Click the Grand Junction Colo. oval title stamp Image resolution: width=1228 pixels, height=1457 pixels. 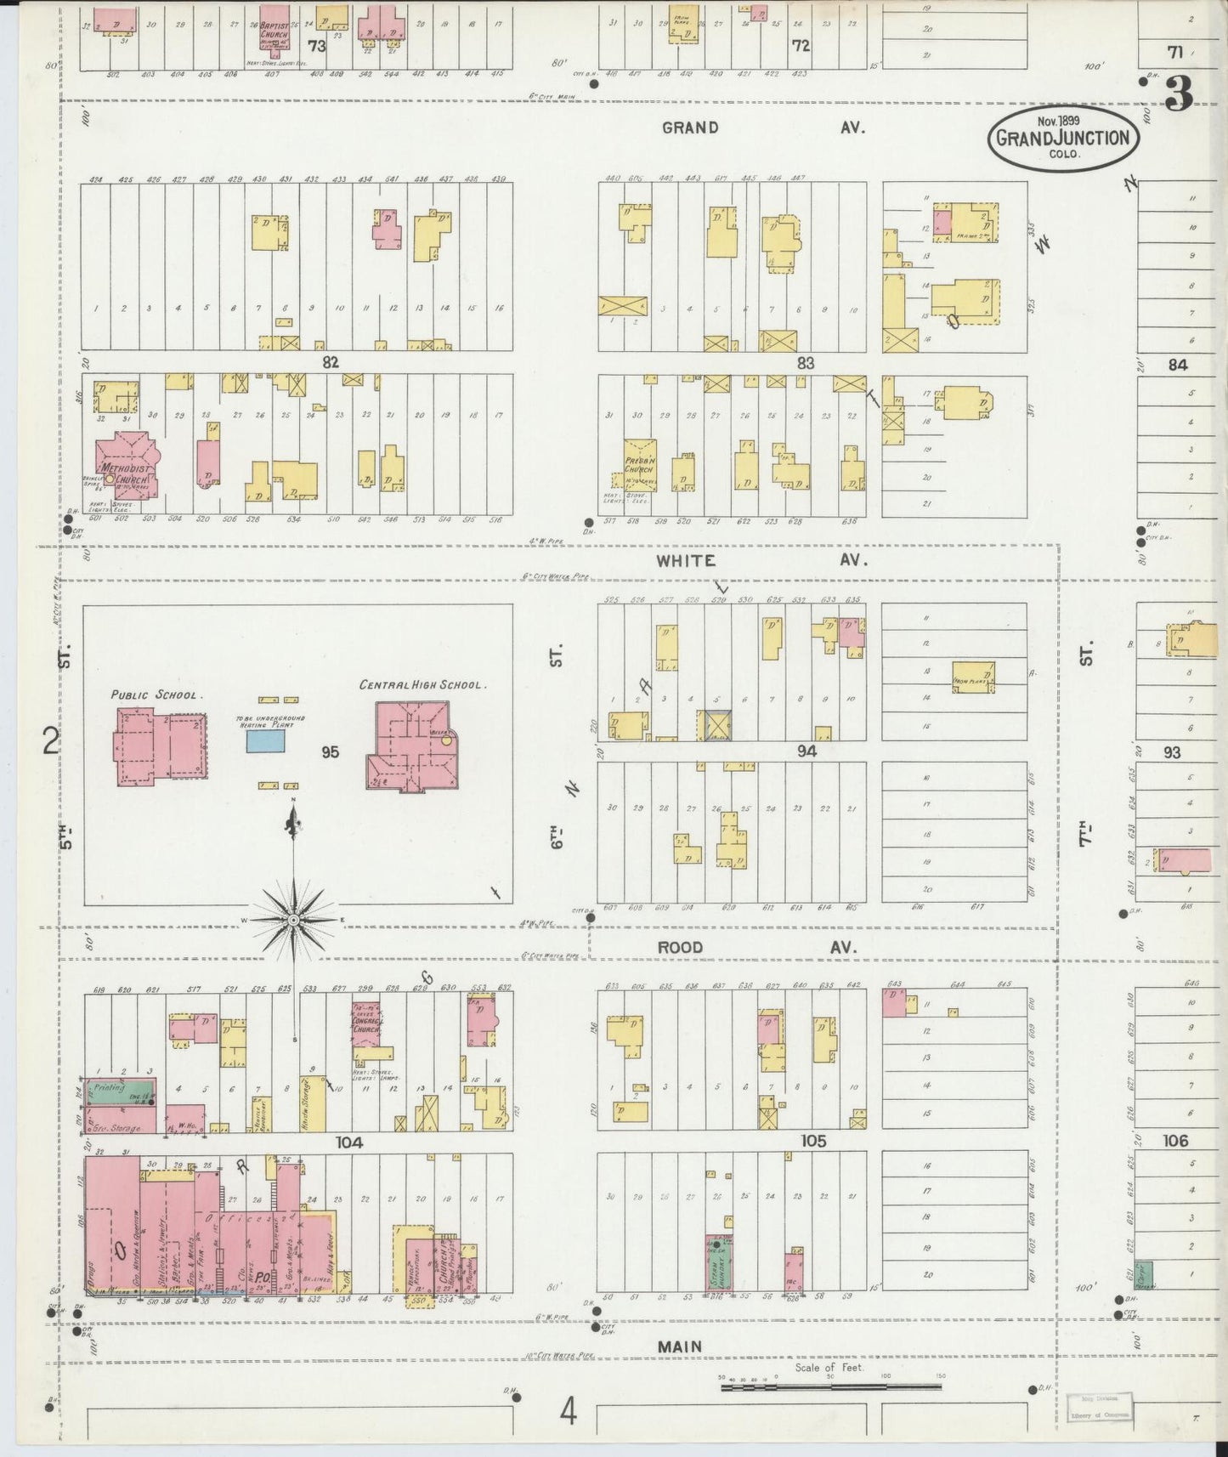coord(1062,138)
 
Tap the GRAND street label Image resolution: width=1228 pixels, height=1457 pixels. coord(690,128)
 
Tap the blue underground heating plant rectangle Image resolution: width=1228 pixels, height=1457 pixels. coord(266,741)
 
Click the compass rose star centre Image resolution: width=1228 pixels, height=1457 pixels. coord(294,919)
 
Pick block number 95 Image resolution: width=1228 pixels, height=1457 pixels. coord(330,752)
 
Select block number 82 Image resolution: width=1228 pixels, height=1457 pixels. coord(331,362)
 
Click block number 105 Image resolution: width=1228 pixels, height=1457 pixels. coord(813,1141)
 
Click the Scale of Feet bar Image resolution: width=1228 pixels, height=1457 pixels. coord(830,1386)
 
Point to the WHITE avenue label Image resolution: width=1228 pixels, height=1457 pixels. coord(686,561)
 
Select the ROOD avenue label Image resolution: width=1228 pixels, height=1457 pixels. coord(682,947)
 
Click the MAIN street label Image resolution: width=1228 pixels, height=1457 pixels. coord(680,1346)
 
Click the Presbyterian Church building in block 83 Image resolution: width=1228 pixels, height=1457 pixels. coord(639,466)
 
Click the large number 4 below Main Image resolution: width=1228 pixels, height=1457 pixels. coord(568,1413)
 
